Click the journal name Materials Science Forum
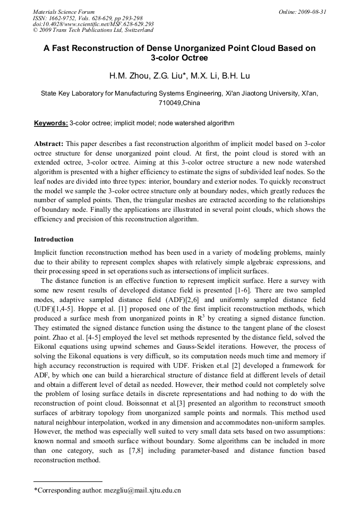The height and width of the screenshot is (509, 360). [63, 12]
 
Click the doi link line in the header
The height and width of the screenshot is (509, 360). [93, 24]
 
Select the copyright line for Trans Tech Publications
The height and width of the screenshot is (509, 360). [92, 30]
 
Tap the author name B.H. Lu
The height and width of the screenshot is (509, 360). [235, 75]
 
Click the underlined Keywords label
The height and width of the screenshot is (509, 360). [51, 123]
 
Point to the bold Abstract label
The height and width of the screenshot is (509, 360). [49, 144]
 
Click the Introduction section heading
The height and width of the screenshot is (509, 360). [54, 239]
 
